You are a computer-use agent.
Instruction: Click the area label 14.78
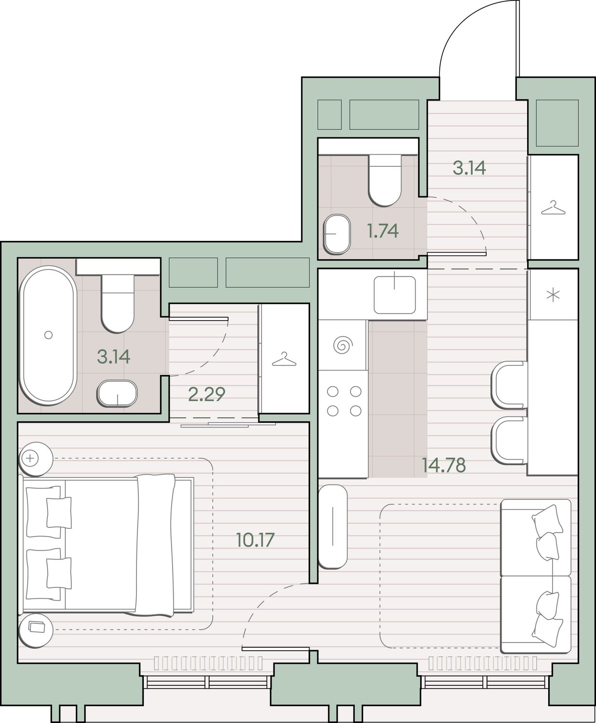pyautogui.click(x=444, y=465)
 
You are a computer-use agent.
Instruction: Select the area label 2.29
pyautogui.click(x=206, y=394)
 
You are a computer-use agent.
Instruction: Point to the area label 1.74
pyautogui.click(x=383, y=231)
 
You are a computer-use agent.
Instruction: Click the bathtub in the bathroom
pyautogui.click(x=48, y=335)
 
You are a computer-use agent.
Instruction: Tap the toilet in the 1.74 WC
pyautogui.click(x=385, y=180)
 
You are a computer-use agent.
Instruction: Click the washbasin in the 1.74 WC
pyautogui.click(x=337, y=234)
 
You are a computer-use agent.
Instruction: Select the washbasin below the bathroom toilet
pyautogui.click(x=117, y=394)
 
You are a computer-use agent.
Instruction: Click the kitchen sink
pyautogui.click(x=394, y=295)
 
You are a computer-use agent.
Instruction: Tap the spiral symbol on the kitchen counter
pyautogui.click(x=343, y=345)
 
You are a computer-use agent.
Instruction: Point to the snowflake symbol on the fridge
pyautogui.click(x=553, y=295)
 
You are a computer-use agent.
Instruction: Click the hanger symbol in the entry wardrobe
pyautogui.click(x=553, y=208)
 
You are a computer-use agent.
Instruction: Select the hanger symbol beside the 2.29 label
pyautogui.click(x=284, y=359)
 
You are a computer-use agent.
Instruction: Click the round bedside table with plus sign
pyautogui.click(x=36, y=459)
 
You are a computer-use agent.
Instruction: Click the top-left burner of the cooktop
pyautogui.click(x=333, y=391)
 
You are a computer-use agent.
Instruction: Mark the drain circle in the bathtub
pyautogui.click(x=49, y=335)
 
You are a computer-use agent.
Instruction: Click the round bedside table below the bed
pyautogui.click(x=36, y=630)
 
